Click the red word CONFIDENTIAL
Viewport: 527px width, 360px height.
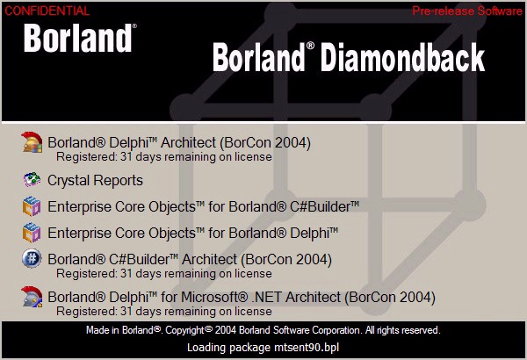tap(47, 11)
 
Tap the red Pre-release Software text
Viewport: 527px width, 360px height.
tap(467, 11)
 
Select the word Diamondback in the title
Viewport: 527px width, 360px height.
tap(402, 57)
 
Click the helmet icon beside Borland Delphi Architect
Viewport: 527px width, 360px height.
tap(32, 142)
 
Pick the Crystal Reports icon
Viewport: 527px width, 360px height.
tap(32, 179)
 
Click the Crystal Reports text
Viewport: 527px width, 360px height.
tap(95, 181)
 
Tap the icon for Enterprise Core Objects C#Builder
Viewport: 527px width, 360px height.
tap(32, 206)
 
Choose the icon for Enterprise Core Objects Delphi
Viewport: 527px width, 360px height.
tap(32, 233)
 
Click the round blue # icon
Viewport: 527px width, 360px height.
tap(32, 258)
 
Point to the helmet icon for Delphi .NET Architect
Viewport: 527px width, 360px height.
tap(32, 297)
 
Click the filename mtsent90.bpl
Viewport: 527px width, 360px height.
tap(307, 347)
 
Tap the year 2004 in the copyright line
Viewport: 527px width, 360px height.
tap(226, 330)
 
